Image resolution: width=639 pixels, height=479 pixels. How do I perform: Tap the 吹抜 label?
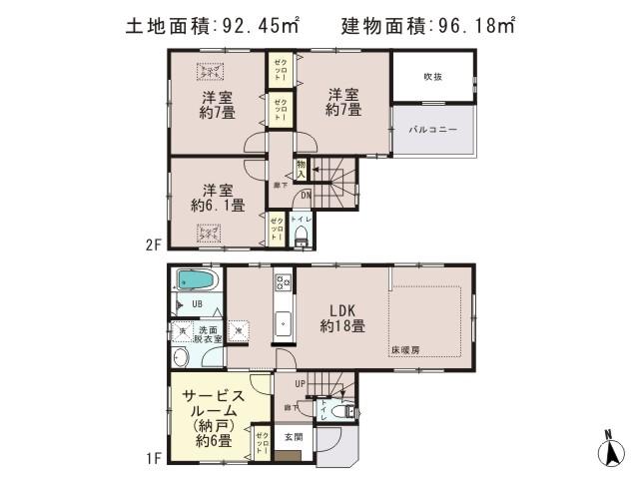pyautogui.click(x=432, y=77)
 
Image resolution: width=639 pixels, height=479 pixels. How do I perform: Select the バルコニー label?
pyautogui.click(x=432, y=131)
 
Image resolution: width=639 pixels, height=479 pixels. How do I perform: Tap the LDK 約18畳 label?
pyautogui.click(x=341, y=317)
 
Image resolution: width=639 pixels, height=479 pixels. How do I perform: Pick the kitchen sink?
pyautogui.click(x=283, y=323)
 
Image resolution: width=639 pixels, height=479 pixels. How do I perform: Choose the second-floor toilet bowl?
pyautogui.click(x=301, y=238)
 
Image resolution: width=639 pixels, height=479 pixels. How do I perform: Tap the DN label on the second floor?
pyautogui.click(x=308, y=196)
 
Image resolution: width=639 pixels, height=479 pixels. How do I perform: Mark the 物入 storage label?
pyautogui.click(x=301, y=169)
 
